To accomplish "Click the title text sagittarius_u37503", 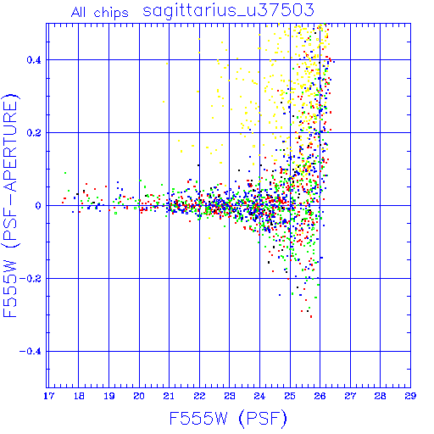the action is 228,11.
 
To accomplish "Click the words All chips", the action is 100,13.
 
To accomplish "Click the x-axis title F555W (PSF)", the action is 228,418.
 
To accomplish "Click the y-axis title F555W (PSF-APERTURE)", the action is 10,205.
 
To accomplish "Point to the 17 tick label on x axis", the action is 48,396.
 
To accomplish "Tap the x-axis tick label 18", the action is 79,396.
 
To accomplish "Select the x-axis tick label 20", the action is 139,396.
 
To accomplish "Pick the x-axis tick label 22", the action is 199,396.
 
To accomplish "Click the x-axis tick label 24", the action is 259,396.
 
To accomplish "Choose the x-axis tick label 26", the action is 320,396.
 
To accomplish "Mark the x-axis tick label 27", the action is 350,396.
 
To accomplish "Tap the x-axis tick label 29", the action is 410,396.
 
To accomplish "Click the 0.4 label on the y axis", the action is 34,60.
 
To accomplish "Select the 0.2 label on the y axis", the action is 34,133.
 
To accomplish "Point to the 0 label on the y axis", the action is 38,206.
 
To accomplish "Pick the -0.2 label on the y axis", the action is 31,279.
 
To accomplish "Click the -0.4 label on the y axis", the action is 31,352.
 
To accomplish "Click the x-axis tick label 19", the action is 109,396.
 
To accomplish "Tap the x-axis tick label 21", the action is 169,396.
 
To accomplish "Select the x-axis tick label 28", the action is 380,396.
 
